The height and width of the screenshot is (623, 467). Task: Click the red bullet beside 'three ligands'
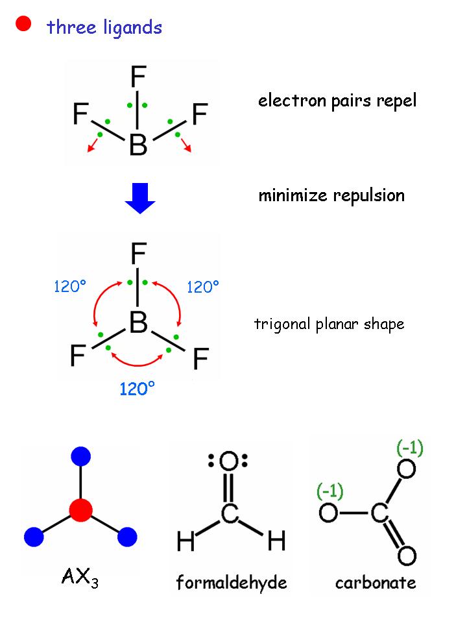24,25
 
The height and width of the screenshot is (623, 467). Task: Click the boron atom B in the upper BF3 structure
138,145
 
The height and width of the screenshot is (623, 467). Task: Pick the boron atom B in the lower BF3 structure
138,323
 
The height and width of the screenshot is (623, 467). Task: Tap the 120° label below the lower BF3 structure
138,388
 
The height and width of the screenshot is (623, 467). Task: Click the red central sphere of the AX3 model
80,509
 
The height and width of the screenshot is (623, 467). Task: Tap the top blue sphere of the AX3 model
80,456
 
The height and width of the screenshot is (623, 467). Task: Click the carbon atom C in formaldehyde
229,515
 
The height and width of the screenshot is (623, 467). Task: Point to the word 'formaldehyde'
232,582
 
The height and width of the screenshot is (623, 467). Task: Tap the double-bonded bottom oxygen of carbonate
407,556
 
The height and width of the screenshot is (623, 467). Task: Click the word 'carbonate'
376,582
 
